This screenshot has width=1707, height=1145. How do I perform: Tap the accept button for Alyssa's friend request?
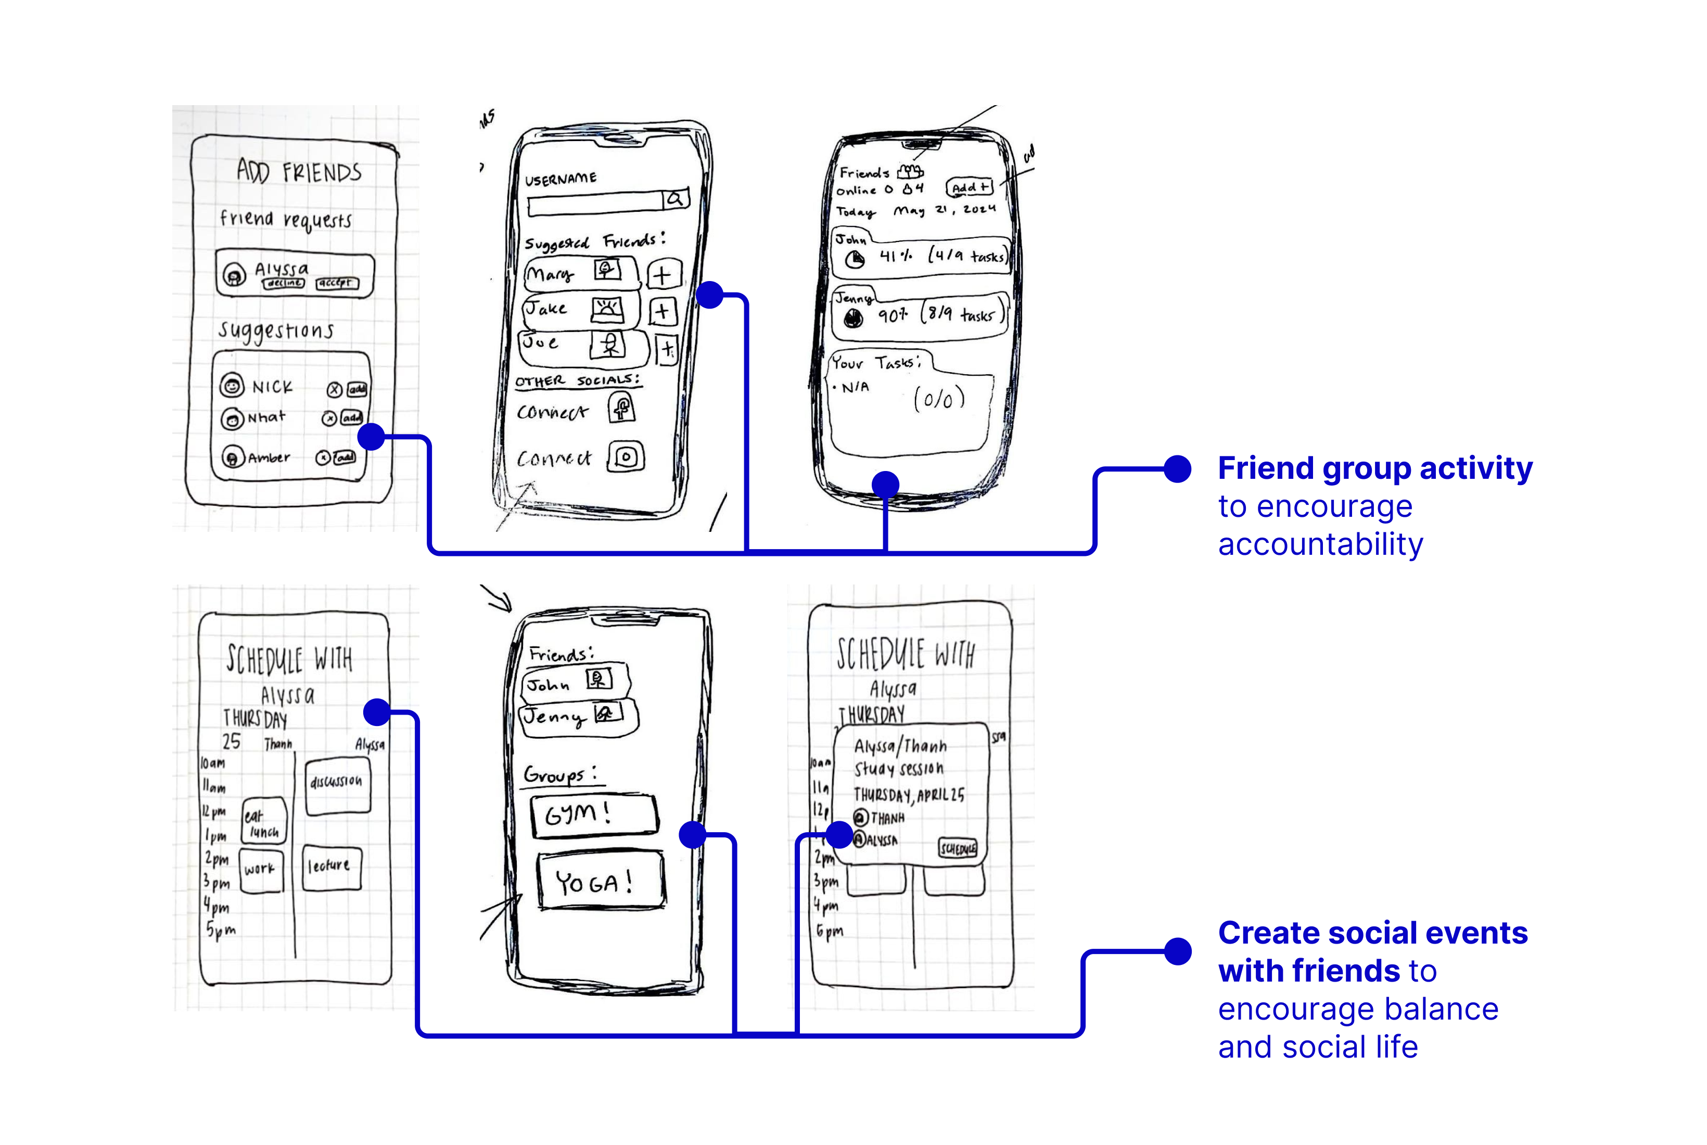(x=337, y=283)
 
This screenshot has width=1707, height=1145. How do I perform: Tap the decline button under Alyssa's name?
(x=284, y=283)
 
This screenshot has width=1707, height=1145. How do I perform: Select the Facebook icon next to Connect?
(x=621, y=409)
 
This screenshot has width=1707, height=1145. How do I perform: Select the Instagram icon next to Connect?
(x=627, y=457)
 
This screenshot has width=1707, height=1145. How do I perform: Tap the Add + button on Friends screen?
(x=970, y=188)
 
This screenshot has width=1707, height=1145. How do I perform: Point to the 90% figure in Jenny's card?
(x=892, y=315)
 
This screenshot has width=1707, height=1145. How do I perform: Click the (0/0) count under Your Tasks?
(x=939, y=399)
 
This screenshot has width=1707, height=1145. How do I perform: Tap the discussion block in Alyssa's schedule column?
(x=337, y=786)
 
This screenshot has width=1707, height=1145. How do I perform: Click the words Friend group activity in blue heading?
(x=1374, y=468)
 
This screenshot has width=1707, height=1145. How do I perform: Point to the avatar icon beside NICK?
(x=232, y=386)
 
